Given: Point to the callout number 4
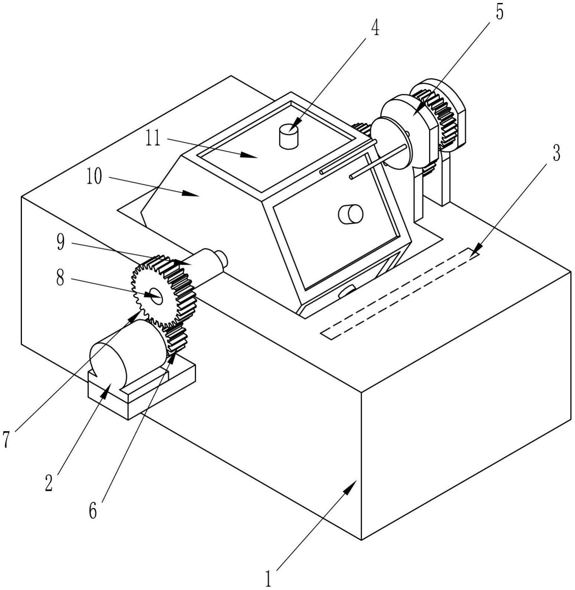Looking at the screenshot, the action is coord(375,28).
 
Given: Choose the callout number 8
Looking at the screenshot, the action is coord(60,277).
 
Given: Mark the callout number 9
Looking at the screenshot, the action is coord(60,242).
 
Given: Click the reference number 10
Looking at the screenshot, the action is coord(94,177).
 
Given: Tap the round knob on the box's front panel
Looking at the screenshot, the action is coord(351,214).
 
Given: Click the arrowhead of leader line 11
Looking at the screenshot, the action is coord(250,155).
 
